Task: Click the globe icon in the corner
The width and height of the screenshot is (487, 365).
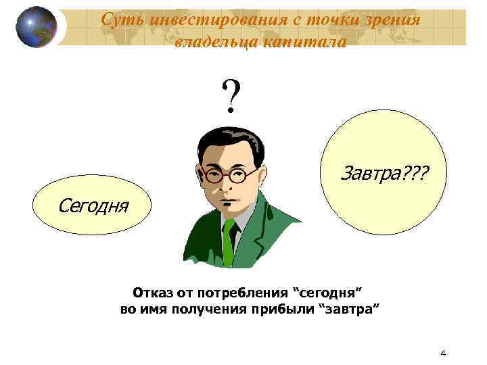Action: [37, 27]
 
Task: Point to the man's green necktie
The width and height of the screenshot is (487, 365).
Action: [229, 240]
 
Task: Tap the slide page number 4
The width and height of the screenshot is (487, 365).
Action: [442, 353]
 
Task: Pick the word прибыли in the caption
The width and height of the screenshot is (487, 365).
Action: [285, 310]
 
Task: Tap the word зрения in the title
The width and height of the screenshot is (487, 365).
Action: [389, 20]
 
